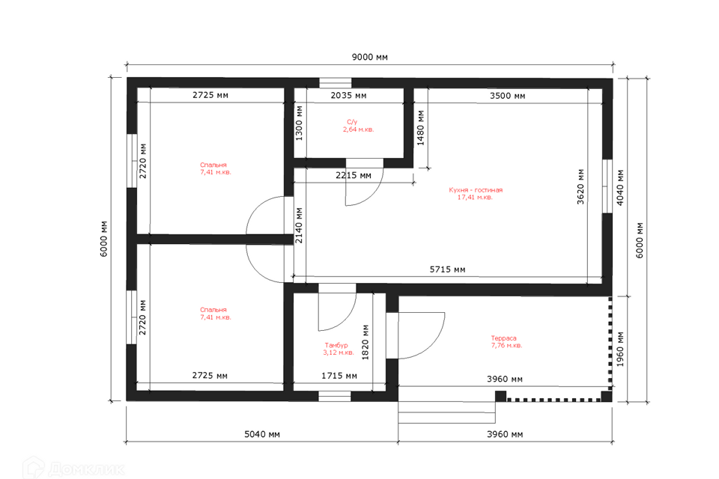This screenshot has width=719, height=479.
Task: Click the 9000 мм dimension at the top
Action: [369, 58]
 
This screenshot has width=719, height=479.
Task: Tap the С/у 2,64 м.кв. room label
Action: [358, 126]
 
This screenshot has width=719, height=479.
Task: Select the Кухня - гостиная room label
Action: [476, 193]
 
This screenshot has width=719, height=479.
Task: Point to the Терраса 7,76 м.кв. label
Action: [506, 341]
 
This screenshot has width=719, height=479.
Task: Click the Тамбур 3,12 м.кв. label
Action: [339, 349]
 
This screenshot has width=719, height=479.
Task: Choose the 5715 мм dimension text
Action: [447, 269]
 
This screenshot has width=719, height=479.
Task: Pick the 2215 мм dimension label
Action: [353, 176]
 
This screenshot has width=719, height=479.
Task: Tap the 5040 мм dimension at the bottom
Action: [262, 434]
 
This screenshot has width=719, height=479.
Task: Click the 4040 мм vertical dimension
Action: [620, 188]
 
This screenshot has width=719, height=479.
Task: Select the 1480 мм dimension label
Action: [420, 128]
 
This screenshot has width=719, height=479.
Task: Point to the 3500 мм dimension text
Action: [507, 96]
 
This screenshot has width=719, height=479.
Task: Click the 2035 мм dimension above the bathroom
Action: [348, 95]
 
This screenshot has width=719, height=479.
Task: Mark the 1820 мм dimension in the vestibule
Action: [365, 342]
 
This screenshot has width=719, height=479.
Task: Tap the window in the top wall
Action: [336, 83]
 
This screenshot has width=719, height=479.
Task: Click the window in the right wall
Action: [607, 186]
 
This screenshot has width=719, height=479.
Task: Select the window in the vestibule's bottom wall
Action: [335, 396]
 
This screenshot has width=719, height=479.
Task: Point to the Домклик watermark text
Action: [86, 469]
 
